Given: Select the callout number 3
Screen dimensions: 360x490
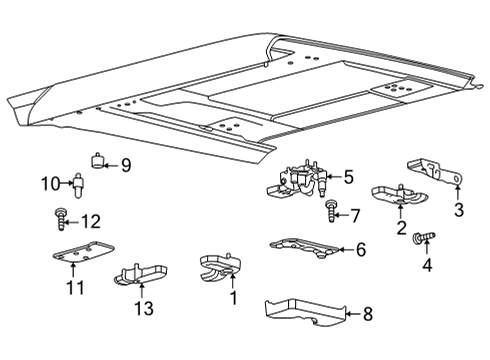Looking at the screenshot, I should pyautogui.click(x=459, y=209).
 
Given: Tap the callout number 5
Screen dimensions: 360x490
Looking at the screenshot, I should pyautogui.click(x=348, y=178).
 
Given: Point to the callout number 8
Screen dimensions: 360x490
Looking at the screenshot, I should pyautogui.click(x=367, y=313).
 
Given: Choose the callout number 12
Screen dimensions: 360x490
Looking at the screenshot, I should pyautogui.click(x=91, y=220).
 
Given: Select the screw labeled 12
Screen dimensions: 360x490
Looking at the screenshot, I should pyautogui.click(x=60, y=218).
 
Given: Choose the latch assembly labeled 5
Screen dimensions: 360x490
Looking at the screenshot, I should pyautogui.click(x=303, y=181).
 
